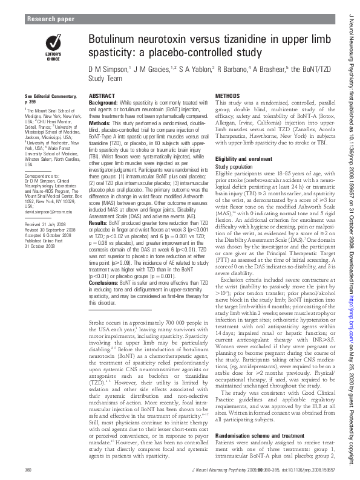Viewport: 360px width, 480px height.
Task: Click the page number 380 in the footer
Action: tap(28, 469)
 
